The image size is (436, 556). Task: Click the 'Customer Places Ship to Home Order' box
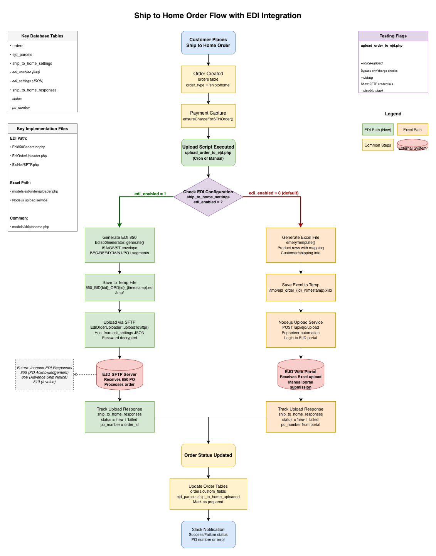tap(208, 42)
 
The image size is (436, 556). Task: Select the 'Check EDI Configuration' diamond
tap(208, 197)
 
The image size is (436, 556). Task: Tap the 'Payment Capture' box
tap(208, 116)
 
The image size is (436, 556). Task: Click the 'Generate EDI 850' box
tap(120, 245)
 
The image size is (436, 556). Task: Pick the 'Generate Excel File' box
tap(301, 245)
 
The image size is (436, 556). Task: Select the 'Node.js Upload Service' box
tap(301, 330)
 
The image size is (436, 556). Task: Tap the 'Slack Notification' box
tap(208, 534)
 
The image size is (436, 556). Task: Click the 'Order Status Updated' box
tap(208, 455)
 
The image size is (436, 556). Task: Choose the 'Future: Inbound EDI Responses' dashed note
tap(44, 374)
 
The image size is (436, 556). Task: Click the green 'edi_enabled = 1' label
tap(150, 194)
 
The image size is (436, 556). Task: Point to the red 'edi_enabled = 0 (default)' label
tap(273, 193)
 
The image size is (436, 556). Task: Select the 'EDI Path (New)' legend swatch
tap(378, 130)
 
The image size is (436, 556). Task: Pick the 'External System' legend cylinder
tap(412, 145)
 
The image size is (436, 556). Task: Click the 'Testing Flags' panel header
tap(393, 36)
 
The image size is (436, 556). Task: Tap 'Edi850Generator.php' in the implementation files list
tap(29, 147)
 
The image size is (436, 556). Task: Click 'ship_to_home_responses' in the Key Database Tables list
tap(34, 90)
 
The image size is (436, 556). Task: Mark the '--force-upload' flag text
tap(372, 63)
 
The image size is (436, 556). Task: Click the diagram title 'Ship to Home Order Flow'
tap(217, 15)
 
